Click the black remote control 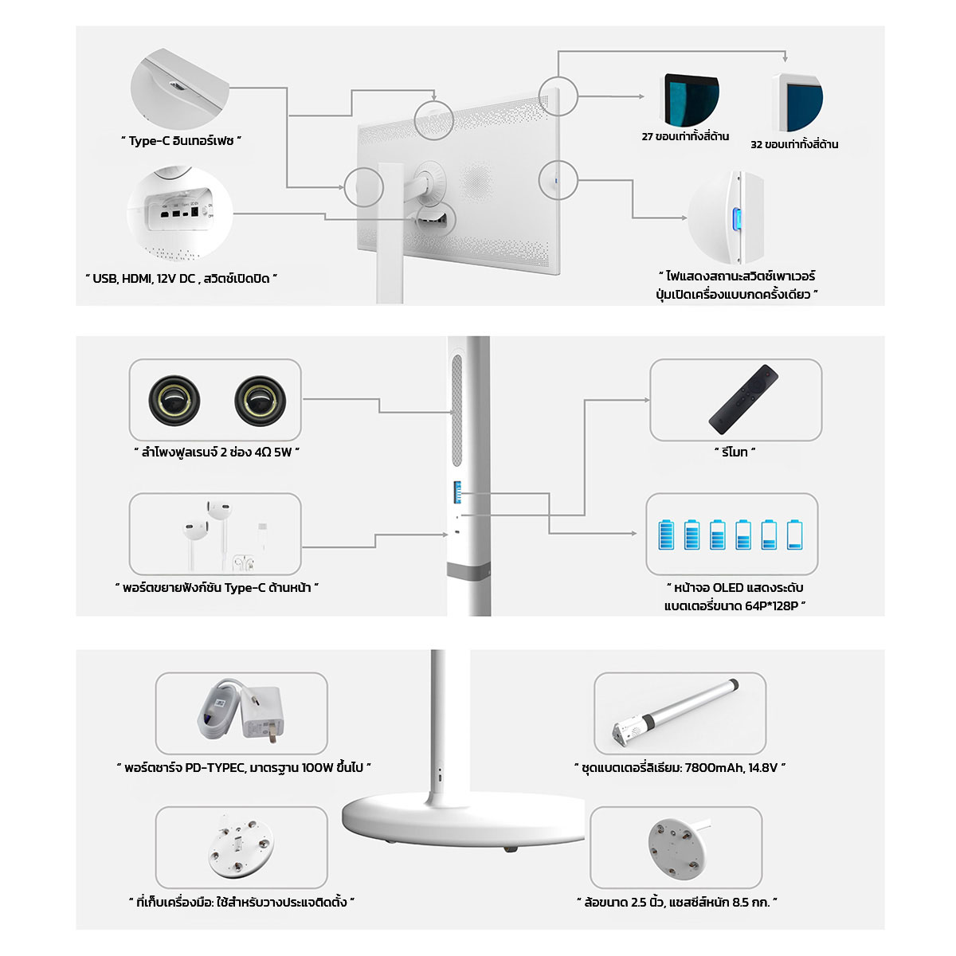point(742,399)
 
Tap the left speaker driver point(174,401)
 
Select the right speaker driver point(260,401)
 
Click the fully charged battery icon point(666,535)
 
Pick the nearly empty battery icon point(794,535)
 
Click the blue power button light point(737,219)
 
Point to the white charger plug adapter point(262,713)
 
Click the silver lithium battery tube point(676,713)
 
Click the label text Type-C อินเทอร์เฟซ point(181,141)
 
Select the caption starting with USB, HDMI point(181,279)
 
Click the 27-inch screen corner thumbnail point(690,100)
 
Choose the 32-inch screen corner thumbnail point(797,102)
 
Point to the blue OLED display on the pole point(457,492)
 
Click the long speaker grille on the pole point(456,410)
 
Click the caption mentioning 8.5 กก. point(676,902)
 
